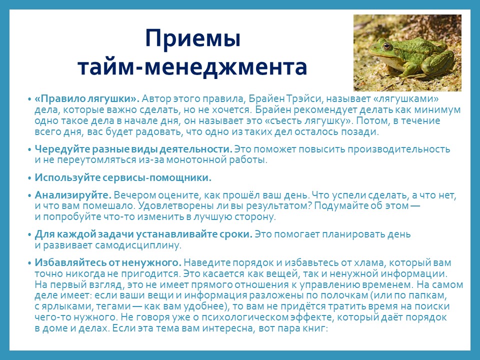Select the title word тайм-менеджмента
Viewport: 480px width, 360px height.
(x=192, y=67)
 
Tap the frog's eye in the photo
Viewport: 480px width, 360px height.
(x=387, y=46)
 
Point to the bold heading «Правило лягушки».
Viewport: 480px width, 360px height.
(x=87, y=99)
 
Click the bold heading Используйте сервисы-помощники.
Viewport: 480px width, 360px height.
(x=123, y=178)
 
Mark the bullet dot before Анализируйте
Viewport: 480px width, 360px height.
(x=29, y=196)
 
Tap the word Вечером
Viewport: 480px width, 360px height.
(x=134, y=195)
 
